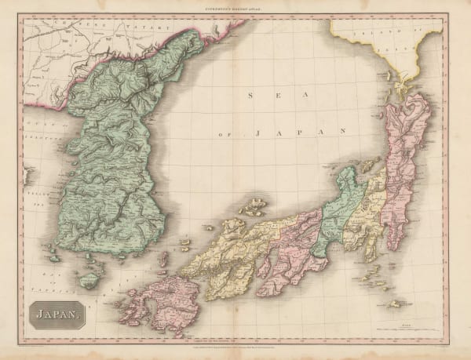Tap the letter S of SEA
coord(249,96)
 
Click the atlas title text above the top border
coord(235,7)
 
